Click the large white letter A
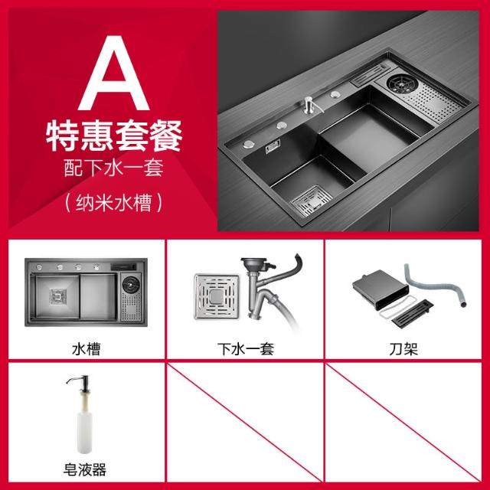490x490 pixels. (x=113, y=73)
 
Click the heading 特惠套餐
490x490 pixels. (x=114, y=136)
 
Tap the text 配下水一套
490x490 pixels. (x=114, y=168)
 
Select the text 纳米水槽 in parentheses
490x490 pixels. (x=114, y=203)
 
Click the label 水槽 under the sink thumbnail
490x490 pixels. (x=86, y=349)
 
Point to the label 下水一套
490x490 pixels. (x=246, y=349)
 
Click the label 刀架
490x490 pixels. (x=403, y=349)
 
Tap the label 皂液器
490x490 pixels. (x=85, y=469)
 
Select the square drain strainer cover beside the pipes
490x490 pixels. (x=217, y=296)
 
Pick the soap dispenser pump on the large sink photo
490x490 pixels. (x=310, y=105)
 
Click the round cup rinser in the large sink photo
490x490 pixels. (x=402, y=83)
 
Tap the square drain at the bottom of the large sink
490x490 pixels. (x=312, y=201)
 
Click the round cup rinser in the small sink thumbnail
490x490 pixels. (x=131, y=284)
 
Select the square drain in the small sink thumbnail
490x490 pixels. (x=58, y=296)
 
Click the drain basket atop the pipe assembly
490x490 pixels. (x=253, y=263)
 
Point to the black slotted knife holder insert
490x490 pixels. (x=412, y=313)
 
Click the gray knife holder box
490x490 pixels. (x=381, y=289)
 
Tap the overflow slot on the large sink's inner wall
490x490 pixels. (x=273, y=146)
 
